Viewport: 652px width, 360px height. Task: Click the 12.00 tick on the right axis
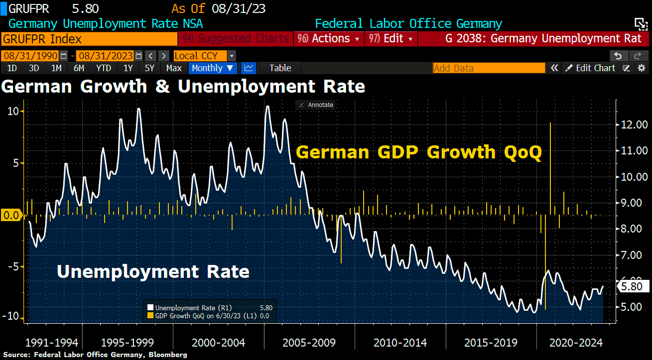click(x=632, y=124)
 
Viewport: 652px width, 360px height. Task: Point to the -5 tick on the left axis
click(x=15, y=267)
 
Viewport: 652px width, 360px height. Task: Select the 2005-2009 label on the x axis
click(x=309, y=343)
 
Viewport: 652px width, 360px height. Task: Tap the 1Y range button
click(x=128, y=68)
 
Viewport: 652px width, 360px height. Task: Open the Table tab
click(x=280, y=68)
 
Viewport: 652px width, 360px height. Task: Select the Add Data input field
click(x=489, y=68)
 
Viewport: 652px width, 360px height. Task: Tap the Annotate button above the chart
click(x=315, y=105)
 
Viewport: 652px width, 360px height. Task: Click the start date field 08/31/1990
click(x=30, y=56)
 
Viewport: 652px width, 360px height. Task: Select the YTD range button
click(x=103, y=68)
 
